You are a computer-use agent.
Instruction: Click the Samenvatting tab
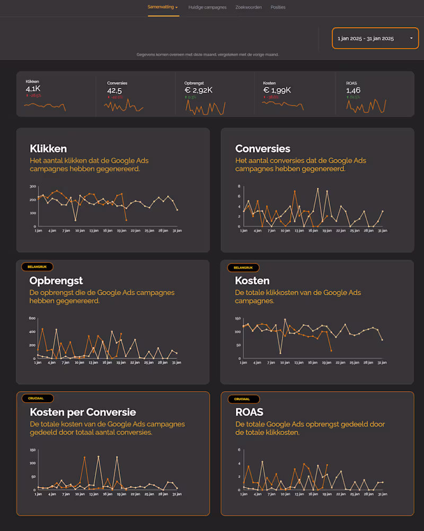click(x=162, y=7)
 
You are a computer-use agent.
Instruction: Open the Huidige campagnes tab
click(x=207, y=7)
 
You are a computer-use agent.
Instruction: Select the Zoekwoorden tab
click(x=249, y=7)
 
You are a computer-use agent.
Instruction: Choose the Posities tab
click(x=278, y=7)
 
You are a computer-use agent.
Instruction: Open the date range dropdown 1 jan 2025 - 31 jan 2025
click(x=375, y=38)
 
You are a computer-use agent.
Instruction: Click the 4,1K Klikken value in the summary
click(x=33, y=90)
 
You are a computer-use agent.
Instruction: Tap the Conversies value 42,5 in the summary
click(x=115, y=90)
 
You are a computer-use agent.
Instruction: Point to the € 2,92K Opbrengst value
click(x=199, y=90)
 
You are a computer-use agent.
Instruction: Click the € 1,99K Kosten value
click(x=277, y=90)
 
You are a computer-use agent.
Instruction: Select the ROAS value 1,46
click(x=354, y=90)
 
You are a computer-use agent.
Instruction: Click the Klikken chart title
click(x=48, y=148)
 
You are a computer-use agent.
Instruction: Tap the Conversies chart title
click(x=263, y=148)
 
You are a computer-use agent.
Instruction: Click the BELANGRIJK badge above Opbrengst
click(x=37, y=267)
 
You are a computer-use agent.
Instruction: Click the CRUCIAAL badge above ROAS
click(x=243, y=399)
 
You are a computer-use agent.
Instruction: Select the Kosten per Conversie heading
click(x=83, y=412)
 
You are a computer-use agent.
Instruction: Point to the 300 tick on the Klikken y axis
click(x=33, y=187)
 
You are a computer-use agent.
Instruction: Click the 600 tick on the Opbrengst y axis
click(x=32, y=318)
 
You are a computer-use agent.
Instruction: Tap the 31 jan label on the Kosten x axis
click(x=382, y=362)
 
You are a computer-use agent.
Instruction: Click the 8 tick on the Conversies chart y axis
click(x=240, y=187)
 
